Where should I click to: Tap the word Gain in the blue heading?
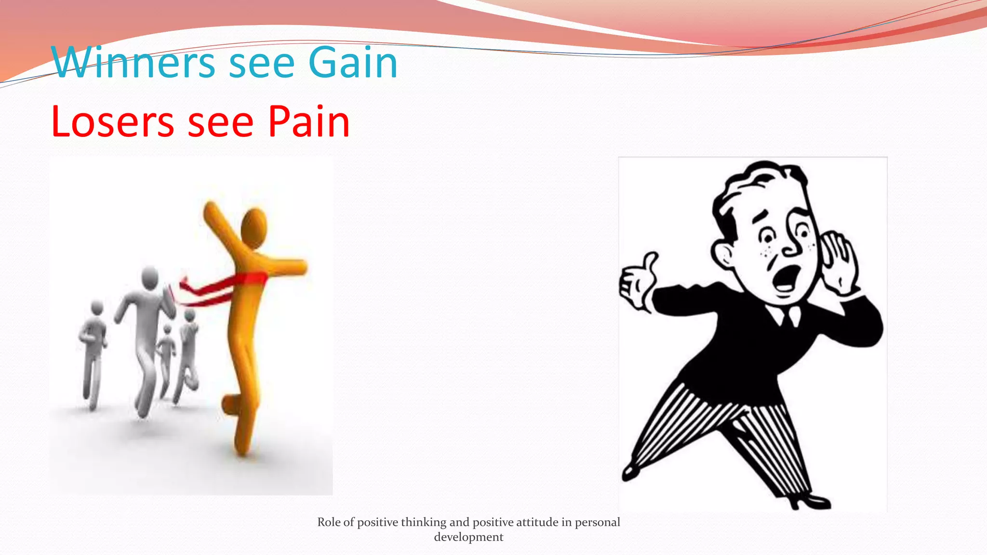(x=353, y=63)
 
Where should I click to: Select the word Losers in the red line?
(x=112, y=122)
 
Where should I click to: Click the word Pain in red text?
(x=308, y=122)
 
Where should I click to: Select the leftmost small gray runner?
(x=93, y=352)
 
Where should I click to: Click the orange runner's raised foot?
(x=230, y=404)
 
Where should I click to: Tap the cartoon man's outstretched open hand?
(x=637, y=284)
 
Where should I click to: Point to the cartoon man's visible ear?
(x=723, y=255)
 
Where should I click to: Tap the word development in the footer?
(x=468, y=537)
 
